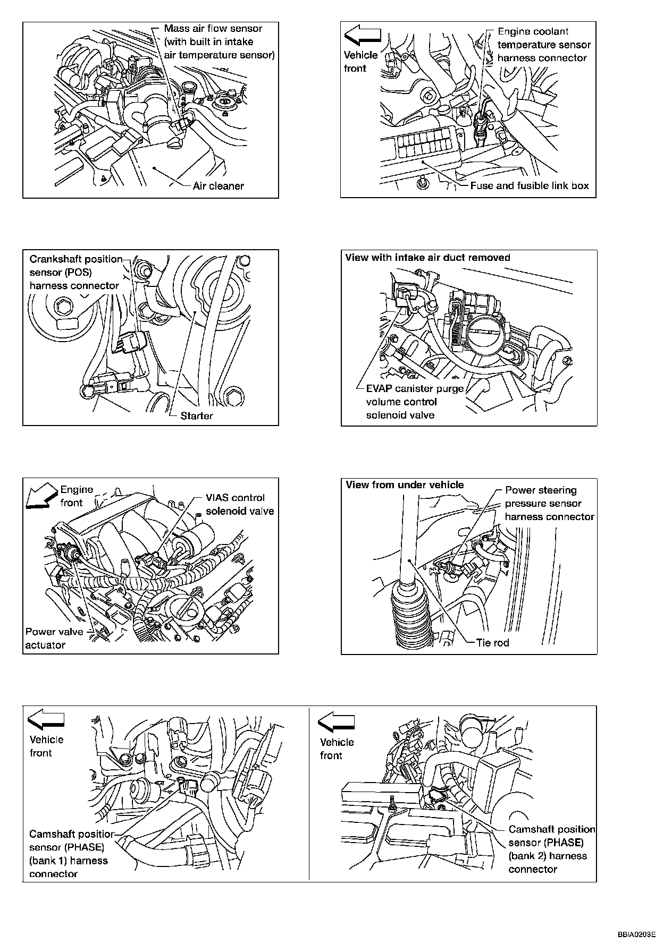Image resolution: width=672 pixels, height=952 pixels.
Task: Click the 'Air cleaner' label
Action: (x=219, y=186)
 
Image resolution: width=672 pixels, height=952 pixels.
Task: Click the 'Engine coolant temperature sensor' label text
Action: (x=543, y=45)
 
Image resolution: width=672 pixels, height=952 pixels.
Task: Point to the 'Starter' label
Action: (x=196, y=416)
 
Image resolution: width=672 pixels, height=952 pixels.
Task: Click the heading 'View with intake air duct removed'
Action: (x=427, y=258)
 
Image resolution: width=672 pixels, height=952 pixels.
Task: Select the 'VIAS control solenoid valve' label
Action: (x=240, y=504)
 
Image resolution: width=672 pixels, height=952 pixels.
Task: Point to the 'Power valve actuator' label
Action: (x=54, y=638)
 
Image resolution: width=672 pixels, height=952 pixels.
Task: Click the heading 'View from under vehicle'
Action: (x=405, y=485)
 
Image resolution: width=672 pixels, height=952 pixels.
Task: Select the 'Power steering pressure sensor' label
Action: (x=549, y=503)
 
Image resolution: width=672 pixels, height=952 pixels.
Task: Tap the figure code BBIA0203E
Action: (x=636, y=933)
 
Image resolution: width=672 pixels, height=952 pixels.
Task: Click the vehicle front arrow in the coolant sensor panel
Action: (x=363, y=36)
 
